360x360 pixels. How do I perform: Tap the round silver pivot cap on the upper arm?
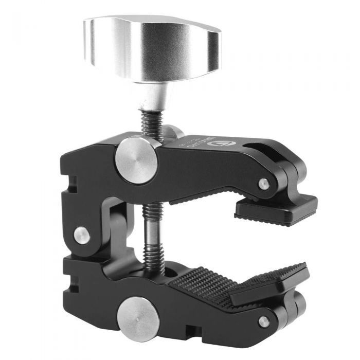point(137,159)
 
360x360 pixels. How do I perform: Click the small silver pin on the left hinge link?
point(81,235)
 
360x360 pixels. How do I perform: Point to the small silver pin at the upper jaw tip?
point(264,184)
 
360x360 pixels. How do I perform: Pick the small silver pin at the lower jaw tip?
point(263,321)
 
